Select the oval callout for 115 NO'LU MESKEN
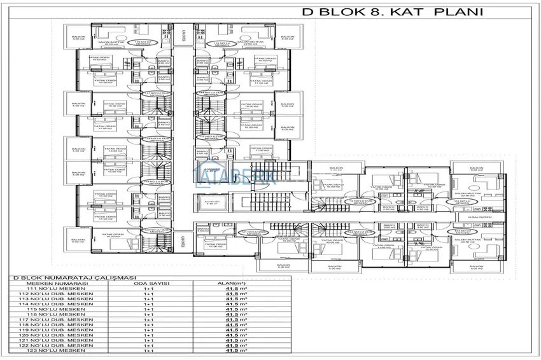[x=205, y=44]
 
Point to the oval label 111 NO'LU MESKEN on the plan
[x=464, y=202]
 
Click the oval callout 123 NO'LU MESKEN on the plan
[x=464, y=233]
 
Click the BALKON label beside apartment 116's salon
[x=78, y=39]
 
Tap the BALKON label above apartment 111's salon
[x=477, y=169]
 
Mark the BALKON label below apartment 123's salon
[x=477, y=267]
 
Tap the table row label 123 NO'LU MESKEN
[x=57, y=350]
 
